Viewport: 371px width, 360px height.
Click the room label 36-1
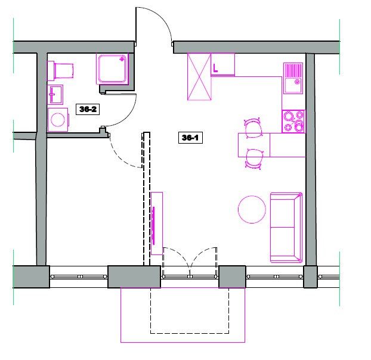(x=190, y=138)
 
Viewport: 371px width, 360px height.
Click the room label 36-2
(x=88, y=109)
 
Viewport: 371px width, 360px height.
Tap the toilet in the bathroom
(x=60, y=71)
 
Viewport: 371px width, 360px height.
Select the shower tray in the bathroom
(x=112, y=69)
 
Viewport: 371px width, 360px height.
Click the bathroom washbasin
(x=55, y=95)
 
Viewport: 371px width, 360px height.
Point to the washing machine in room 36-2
(x=58, y=120)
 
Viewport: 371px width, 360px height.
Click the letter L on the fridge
(x=215, y=68)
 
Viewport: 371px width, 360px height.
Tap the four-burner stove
(x=293, y=122)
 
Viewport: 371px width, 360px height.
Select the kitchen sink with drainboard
(x=293, y=78)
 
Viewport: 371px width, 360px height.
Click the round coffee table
(x=252, y=209)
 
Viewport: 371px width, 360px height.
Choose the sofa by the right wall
(x=286, y=228)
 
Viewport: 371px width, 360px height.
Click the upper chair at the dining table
(x=253, y=128)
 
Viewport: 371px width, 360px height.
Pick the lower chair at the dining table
(x=253, y=159)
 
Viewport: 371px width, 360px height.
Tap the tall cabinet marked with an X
(x=199, y=76)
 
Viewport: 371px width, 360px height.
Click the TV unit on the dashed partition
(x=157, y=224)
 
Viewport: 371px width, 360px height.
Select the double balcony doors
(x=190, y=260)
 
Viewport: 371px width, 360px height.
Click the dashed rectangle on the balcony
(x=190, y=334)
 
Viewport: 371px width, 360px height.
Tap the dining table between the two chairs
(x=254, y=145)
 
